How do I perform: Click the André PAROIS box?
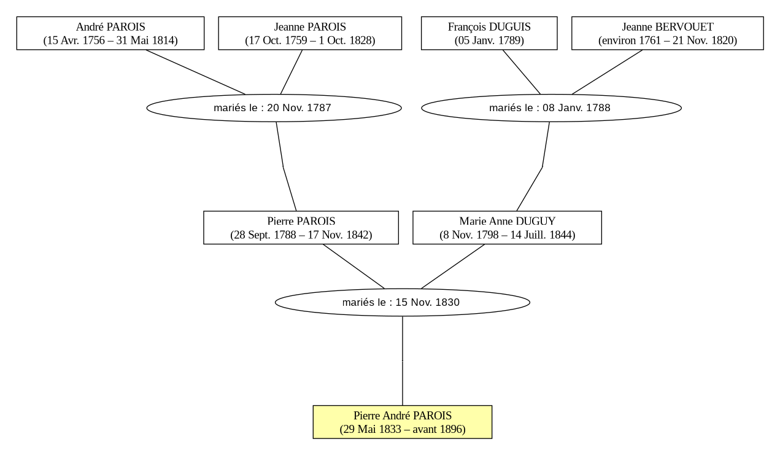point(110,33)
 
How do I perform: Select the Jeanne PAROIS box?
point(310,33)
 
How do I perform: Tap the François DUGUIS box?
point(489,33)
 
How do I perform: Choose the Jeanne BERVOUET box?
point(668,33)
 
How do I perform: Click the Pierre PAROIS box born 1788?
point(301,227)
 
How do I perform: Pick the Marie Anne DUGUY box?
point(507,227)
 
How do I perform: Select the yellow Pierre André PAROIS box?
point(403,422)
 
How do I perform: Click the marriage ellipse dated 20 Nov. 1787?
point(274,108)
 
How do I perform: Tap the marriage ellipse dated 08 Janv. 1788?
point(551,108)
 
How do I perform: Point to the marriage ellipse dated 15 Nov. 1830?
point(403,302)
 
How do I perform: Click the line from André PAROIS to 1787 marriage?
point(195,72)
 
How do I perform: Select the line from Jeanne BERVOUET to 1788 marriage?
point(608,72)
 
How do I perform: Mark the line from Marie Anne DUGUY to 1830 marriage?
point(453,266)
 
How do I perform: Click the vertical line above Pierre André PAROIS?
point(403,361)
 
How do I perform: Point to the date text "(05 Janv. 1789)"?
point(489,41)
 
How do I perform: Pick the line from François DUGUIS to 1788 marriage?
point(521,72)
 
